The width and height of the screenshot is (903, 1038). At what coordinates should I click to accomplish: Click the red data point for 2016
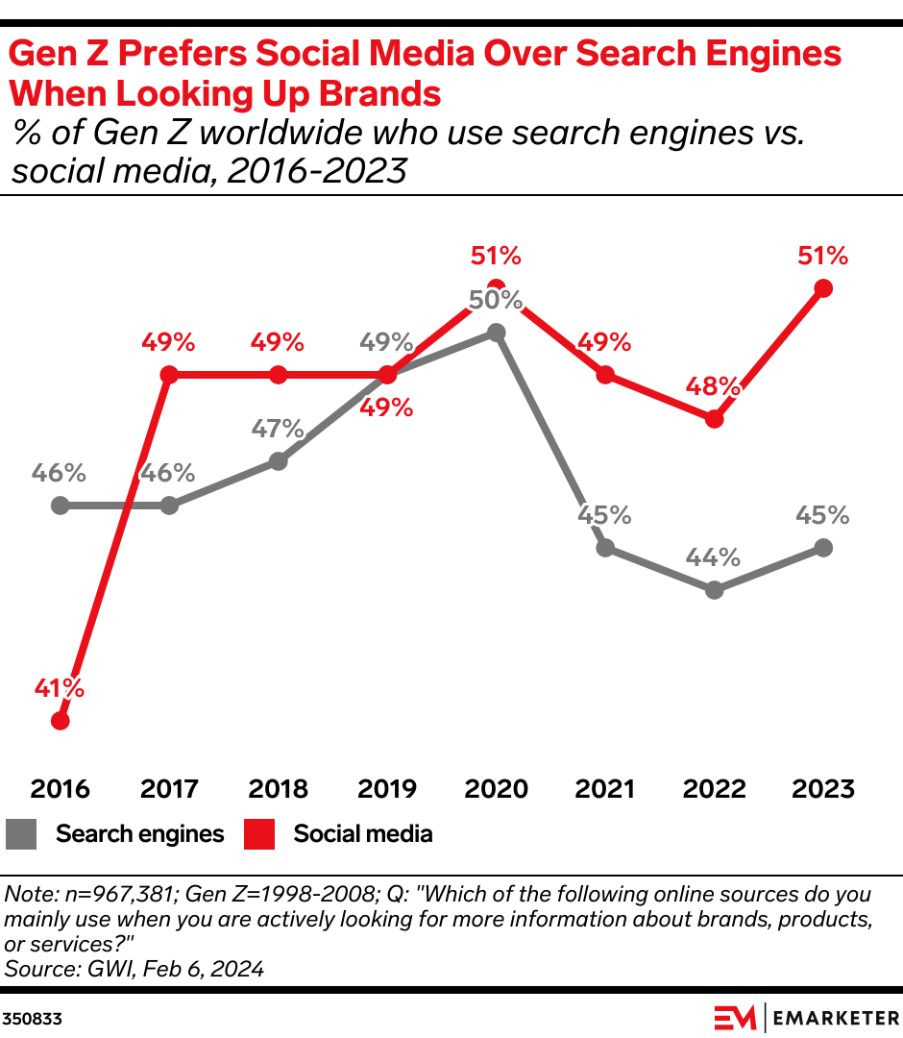61,720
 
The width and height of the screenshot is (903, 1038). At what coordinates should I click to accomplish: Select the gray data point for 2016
61,505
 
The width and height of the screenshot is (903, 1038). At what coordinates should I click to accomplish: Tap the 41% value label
61,688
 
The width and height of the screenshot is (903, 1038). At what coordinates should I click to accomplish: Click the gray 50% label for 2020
496,300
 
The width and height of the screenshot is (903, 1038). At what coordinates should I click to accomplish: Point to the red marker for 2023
822,288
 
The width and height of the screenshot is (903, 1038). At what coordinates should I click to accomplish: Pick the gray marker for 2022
714,590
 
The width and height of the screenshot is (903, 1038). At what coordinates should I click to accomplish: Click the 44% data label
714,557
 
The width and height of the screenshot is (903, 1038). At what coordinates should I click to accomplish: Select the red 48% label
714,387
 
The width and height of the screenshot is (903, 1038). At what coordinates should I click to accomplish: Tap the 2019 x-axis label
387,789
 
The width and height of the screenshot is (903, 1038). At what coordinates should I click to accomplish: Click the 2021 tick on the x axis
605,789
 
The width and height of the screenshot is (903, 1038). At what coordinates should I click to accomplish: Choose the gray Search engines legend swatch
21,834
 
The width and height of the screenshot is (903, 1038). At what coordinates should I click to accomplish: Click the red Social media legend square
257,834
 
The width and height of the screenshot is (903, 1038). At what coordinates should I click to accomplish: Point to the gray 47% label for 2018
278,429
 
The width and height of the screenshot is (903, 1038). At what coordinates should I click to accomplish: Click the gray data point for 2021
605,548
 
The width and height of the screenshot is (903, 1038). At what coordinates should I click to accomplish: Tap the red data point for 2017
169,375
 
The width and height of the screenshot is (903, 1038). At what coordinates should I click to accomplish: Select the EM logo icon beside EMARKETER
735,1017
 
